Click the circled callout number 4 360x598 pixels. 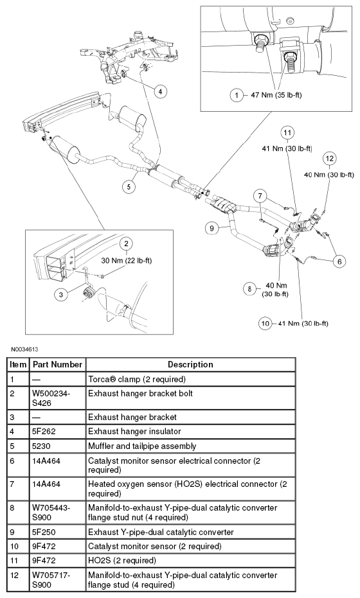coord(160,91)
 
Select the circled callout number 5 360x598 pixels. coord(129,186)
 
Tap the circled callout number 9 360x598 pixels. coord(212,228)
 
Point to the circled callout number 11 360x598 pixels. coord(287,133)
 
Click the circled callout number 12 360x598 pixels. coord(329,158)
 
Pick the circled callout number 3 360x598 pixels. coord(61,294)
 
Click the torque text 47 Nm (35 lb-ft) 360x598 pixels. coord(276,95)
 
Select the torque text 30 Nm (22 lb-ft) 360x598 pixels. coord(127,261)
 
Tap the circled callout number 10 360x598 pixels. coord(265,324)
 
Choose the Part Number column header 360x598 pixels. coord(58,365)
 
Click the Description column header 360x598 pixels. coord(190,365)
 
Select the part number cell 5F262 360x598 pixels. coord(44,432)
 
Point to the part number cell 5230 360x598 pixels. coord(41,446)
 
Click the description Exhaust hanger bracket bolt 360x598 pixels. coord(141,394)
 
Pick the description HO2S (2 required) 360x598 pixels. coord(122,561)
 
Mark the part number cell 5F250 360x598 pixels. coord(44,532)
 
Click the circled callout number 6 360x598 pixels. coord(339,261)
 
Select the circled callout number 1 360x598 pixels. coord(237,95)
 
